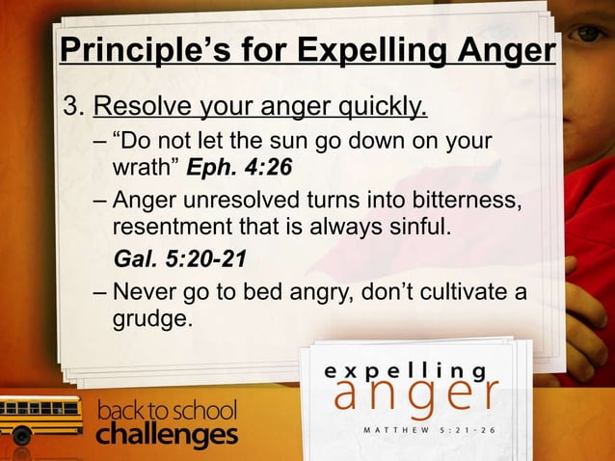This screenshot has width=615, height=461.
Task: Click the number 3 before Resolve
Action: (x=68, y=104)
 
